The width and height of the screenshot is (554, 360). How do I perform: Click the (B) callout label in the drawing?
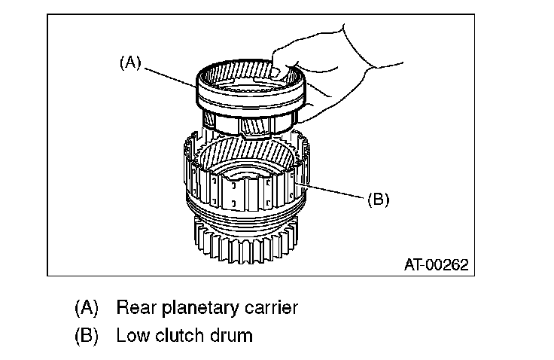(377, 200)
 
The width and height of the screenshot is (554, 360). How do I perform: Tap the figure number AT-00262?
(436, 264)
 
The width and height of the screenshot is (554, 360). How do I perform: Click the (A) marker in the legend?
(87, 308)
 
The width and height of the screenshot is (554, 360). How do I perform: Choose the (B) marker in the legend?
(87, 335)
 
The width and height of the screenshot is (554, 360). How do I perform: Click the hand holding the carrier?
(339, 72)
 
